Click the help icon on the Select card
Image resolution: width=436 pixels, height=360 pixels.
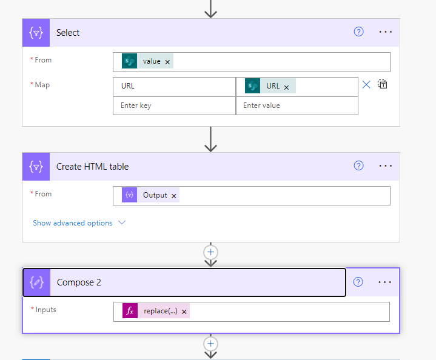[x=358, y=32]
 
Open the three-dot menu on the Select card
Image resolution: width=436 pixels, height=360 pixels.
[x=386, y=32]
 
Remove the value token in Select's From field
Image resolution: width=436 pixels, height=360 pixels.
[x=167, y=62]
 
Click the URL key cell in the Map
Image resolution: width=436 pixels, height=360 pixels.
[x=175, y=87]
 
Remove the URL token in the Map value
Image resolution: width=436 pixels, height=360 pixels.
[x=286, y=87]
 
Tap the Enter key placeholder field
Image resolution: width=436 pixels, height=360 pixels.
[x=175, y=105]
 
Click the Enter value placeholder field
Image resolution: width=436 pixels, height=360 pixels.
[x=297, y=105]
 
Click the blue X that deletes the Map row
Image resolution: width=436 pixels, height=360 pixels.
[x=366, y=84]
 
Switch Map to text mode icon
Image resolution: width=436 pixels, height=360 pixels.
[x=383, y=84]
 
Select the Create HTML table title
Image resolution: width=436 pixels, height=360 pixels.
[x=92, y=167]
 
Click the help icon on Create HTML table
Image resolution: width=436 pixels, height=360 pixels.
[x=358, y=165]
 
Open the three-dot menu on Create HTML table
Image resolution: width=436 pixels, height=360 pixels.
[x=386, y=166]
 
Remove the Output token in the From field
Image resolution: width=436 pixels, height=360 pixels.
[x=174, y=196]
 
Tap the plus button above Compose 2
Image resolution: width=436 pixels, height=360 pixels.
[x=211, y=252]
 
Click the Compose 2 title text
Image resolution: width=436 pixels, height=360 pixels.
[x=79, y=282]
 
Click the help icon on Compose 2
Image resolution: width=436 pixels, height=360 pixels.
[x=358, y=282]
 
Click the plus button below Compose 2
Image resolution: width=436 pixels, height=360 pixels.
[x=211, y=344]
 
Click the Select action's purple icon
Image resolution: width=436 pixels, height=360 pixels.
[x=36, y=33]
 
